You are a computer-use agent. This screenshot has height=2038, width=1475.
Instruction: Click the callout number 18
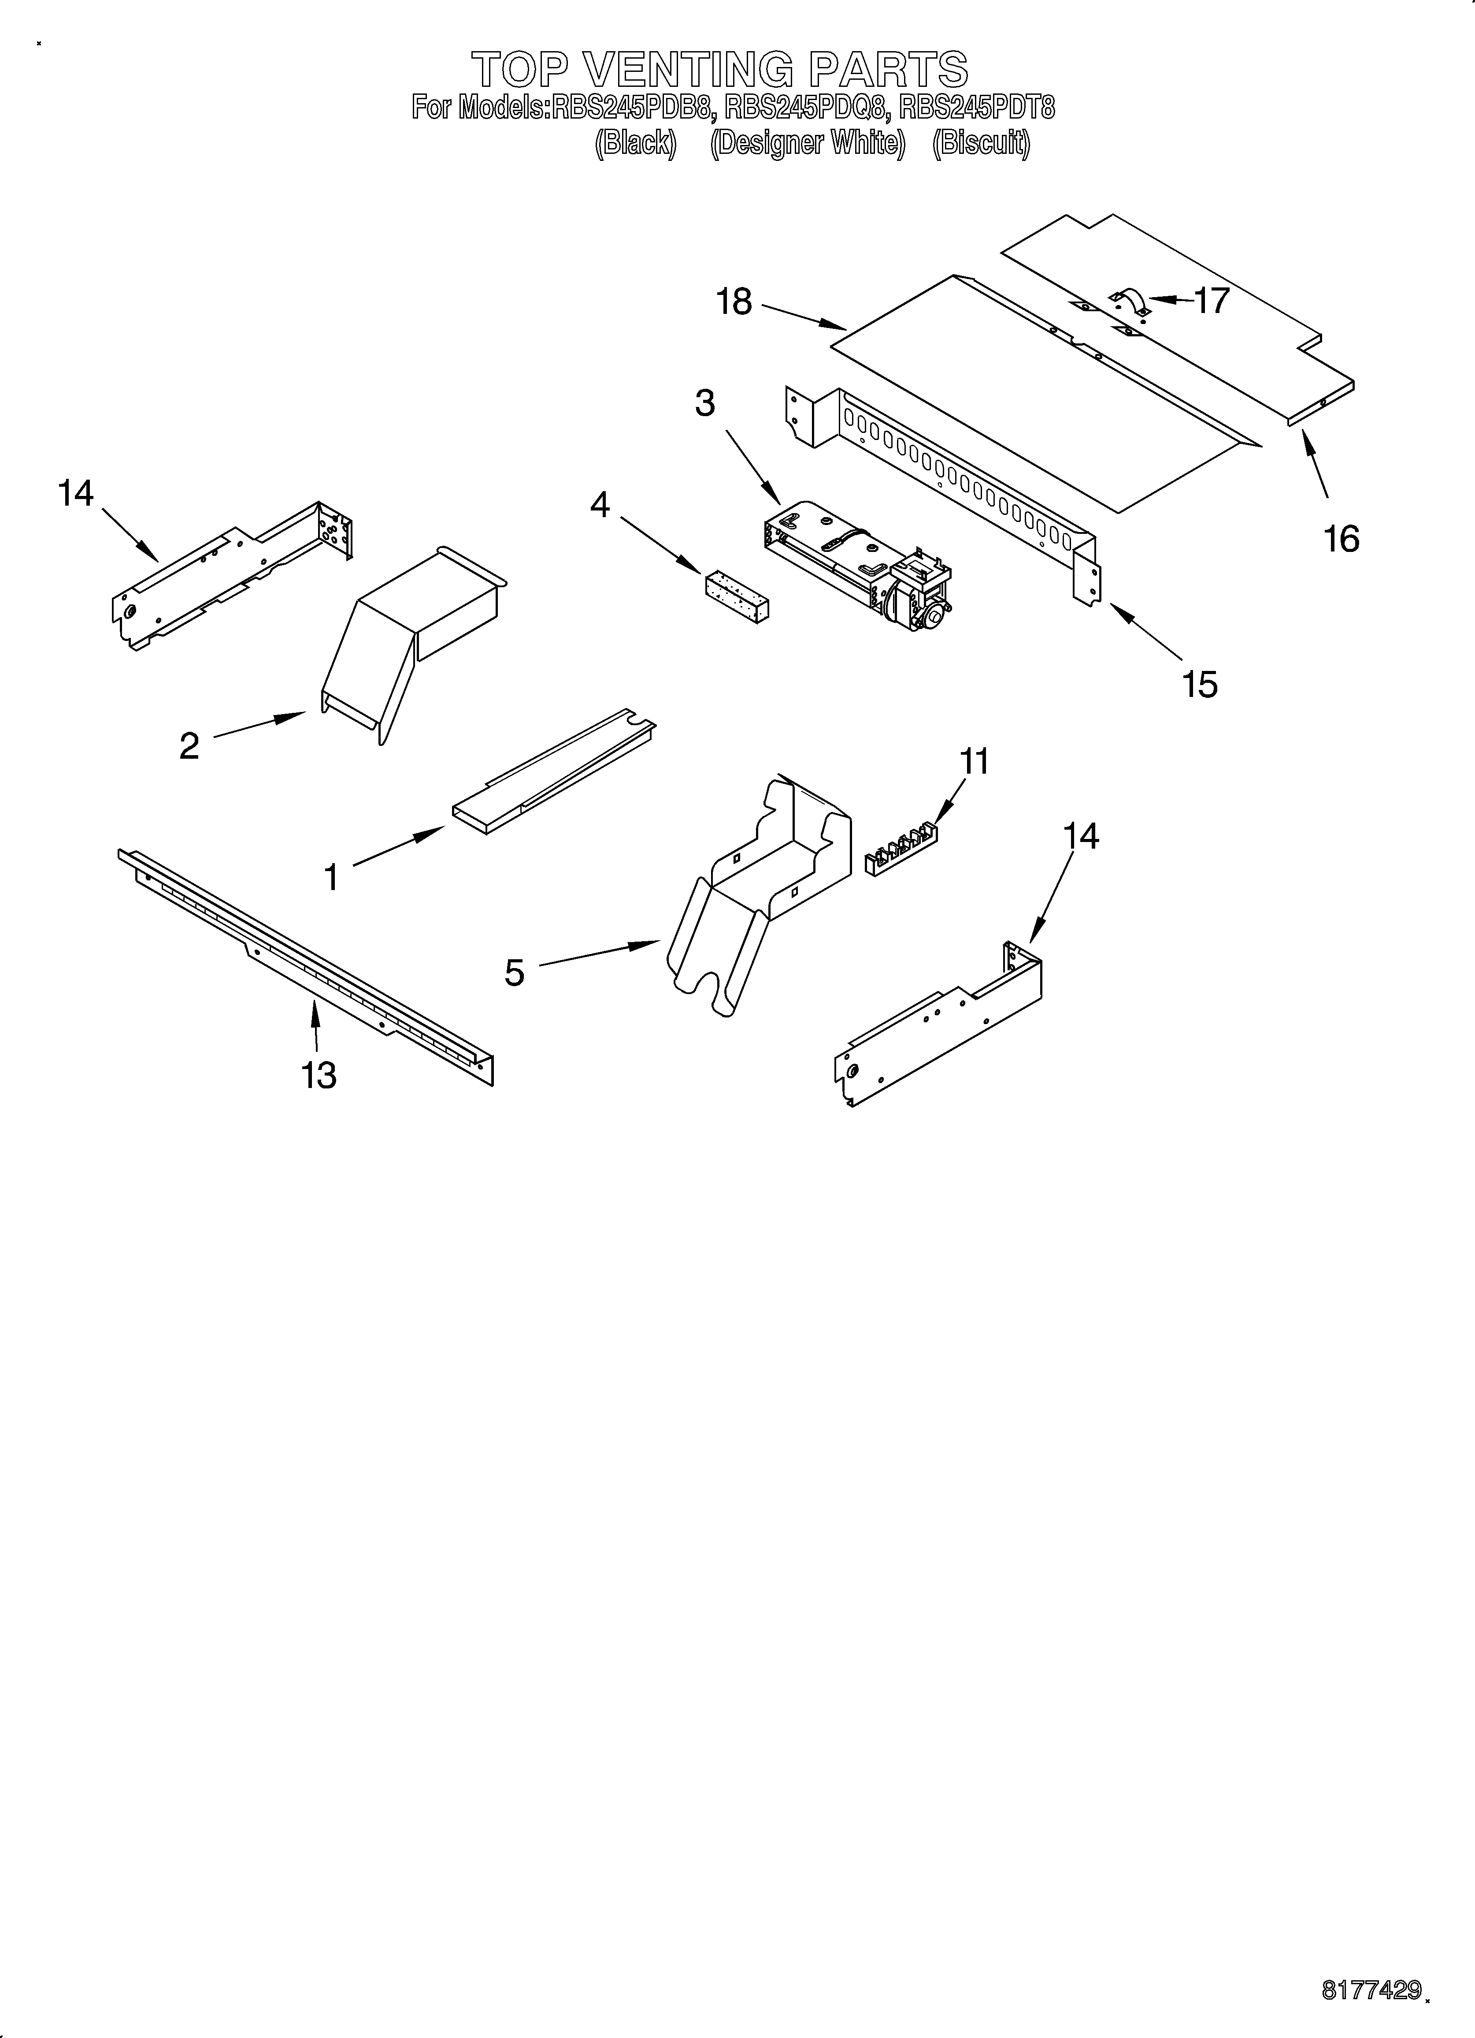click(x=734, y=302)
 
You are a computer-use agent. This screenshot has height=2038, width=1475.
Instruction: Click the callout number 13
click(x=319, y=1075)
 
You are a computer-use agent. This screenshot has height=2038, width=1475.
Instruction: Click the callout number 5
click(x=514, y=972)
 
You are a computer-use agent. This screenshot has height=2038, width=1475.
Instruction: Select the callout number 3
click(x=705, y=403)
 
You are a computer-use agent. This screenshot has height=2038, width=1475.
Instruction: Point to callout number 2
click(x=189, y=746)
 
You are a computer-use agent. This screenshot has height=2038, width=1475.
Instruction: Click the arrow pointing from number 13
click(x=315, y=1025)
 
